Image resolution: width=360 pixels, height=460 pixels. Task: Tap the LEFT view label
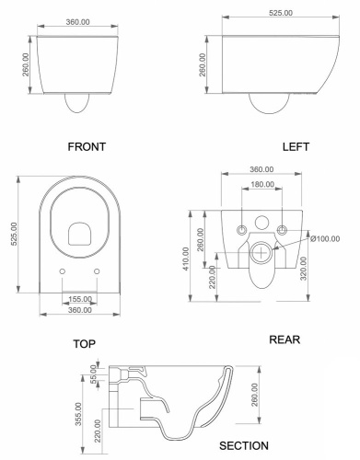296,145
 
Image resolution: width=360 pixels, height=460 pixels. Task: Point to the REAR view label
286,340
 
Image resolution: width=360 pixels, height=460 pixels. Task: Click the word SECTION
243,444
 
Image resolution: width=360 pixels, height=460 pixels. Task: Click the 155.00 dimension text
80,299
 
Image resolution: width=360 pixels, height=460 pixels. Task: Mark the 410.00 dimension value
187,260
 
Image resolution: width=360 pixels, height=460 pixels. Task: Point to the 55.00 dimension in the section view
93,375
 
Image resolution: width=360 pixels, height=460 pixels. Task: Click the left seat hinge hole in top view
61,273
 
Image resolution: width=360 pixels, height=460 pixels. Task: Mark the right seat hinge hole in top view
99,273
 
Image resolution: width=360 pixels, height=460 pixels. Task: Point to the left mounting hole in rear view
241,226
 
